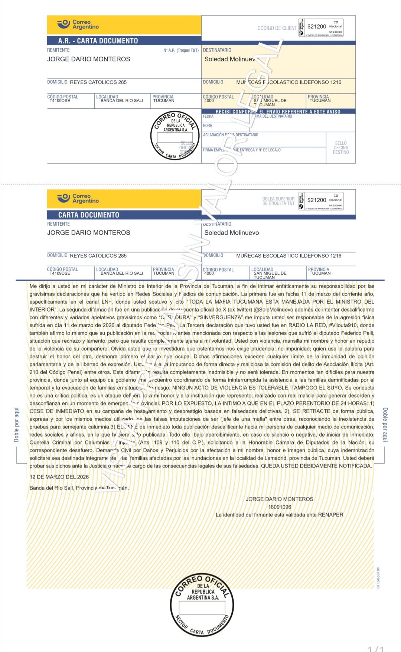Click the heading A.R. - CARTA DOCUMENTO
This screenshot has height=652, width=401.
[x=98, y=41]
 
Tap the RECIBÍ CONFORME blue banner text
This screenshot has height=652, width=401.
[x=278, y=111]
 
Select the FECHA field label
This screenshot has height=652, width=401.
[x=208, y=116]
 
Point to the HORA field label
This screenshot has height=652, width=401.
[x=207, y=125]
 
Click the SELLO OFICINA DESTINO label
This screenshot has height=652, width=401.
[x=340, y=148]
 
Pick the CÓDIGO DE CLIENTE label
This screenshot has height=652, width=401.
[x=277, y=28]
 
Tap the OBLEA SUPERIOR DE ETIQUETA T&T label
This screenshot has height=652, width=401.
[x=278, y=201]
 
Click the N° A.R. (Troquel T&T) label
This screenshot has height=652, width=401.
[x=181, y=50]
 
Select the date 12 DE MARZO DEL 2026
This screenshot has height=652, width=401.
[x=59, y=477]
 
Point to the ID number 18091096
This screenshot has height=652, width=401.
[x=280, y=507]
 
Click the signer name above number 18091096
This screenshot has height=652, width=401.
[x=279, y=499]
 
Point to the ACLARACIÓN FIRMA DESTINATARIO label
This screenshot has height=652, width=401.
[x=230, y=135]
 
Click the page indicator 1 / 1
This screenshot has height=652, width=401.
[x=375, y=648]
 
